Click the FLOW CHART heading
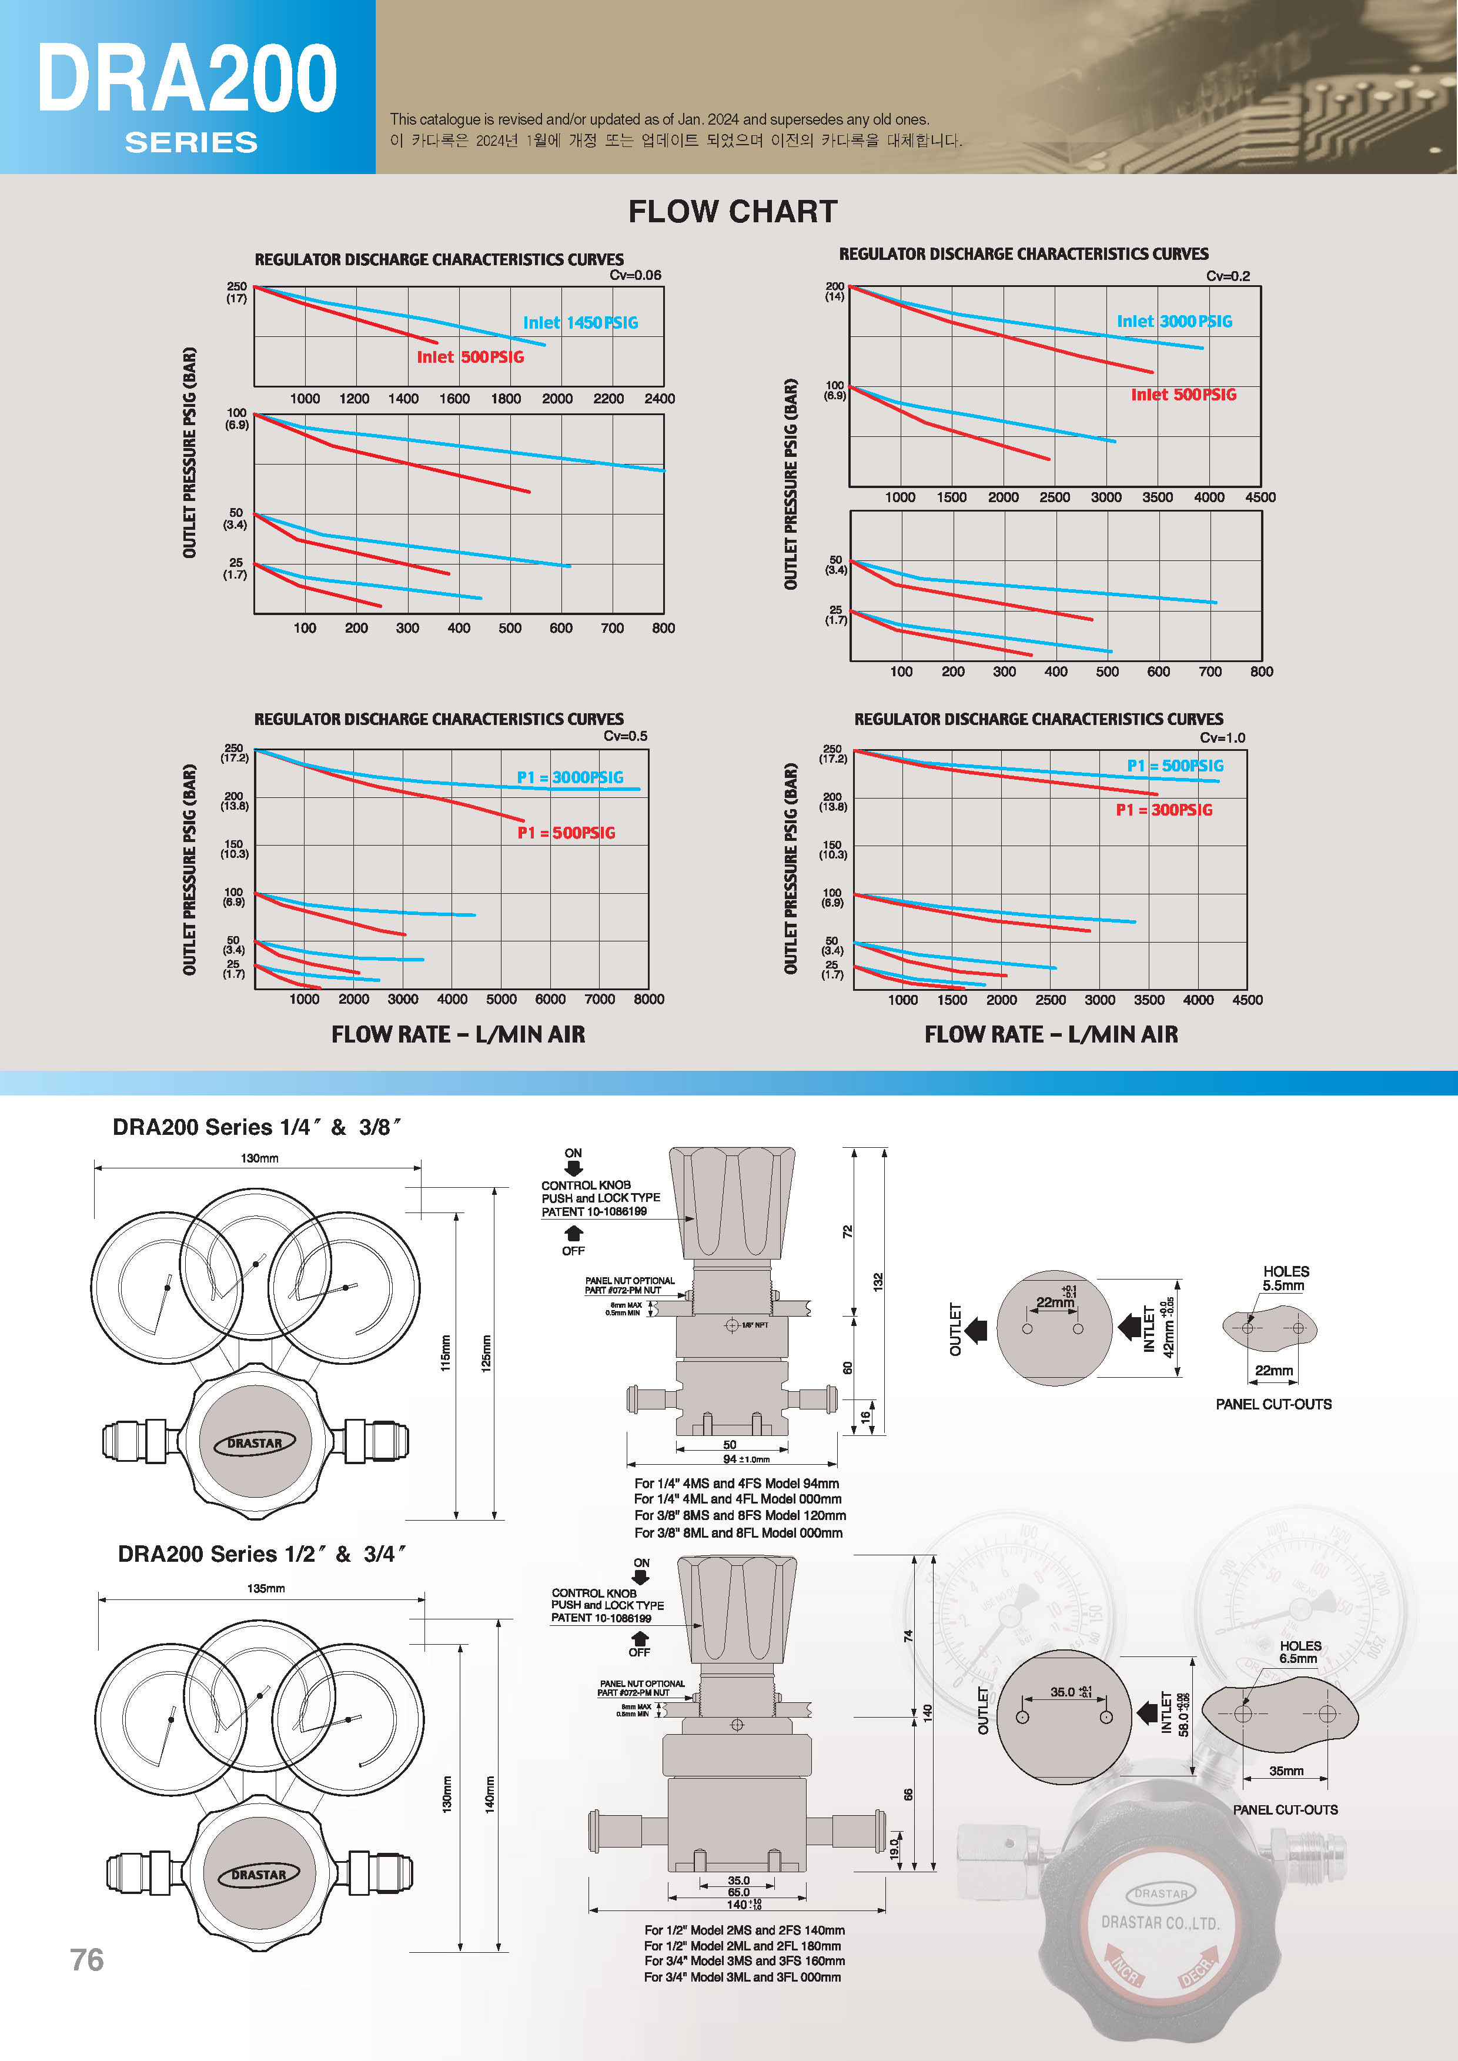pyautogui.click(x=733, y=212)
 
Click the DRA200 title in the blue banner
pyautogui.click(x=187, y=81)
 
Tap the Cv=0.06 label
pyautogui.click(x=635, y=275)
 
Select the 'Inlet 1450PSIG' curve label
pyautogui.click(x=580, y=322)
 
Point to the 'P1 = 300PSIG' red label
pyautogui.click(x=1163, y=810)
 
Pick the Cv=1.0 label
pyautogui.click(x=1222, y=737)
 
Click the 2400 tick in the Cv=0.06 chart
pyautogui.click(x=659, y=399)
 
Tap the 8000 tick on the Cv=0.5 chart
pyautogui.click(x=648, y=998)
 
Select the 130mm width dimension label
pyautogui.click(x=259, y=1158)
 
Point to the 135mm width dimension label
pyautogui.click(x=266, y=1589)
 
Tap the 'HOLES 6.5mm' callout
pyautogui.click(x=1300, y=1652)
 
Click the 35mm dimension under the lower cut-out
pyautogui.click(x=1286, y=1771)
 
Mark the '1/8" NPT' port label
pyautogui.click(x=754, y=1325)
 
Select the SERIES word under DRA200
pyautogui.click(x=191, y=142)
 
